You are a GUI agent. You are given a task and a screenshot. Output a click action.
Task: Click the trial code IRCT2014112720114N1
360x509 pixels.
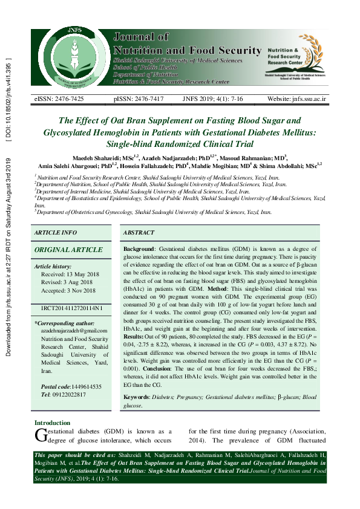(72, 308)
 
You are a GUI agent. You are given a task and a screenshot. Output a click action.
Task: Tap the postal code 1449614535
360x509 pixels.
(83, 386)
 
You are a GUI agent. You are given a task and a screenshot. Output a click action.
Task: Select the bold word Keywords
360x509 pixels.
(136, 398)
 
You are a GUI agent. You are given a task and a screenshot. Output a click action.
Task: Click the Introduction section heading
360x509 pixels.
(52, 423)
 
